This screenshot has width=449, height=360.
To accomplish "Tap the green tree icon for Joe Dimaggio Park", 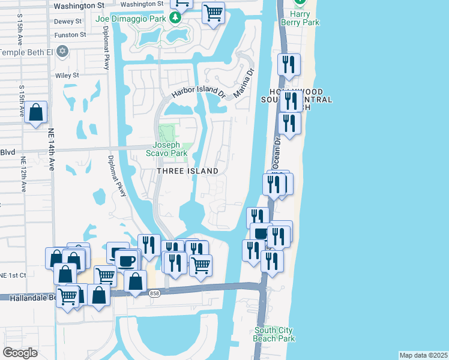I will click(175, 18).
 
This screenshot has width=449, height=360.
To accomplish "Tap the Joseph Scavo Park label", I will click(170, 149).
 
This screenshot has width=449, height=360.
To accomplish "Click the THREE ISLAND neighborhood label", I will click(188, 171).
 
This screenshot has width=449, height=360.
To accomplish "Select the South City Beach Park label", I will click(274, 334).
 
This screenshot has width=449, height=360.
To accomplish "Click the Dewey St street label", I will click(68, 21).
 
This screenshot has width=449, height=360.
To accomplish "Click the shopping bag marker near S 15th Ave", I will click(36, 112).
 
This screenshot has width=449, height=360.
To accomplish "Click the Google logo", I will click(20, 353).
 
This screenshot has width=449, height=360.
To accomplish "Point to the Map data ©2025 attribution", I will click(423, 355).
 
